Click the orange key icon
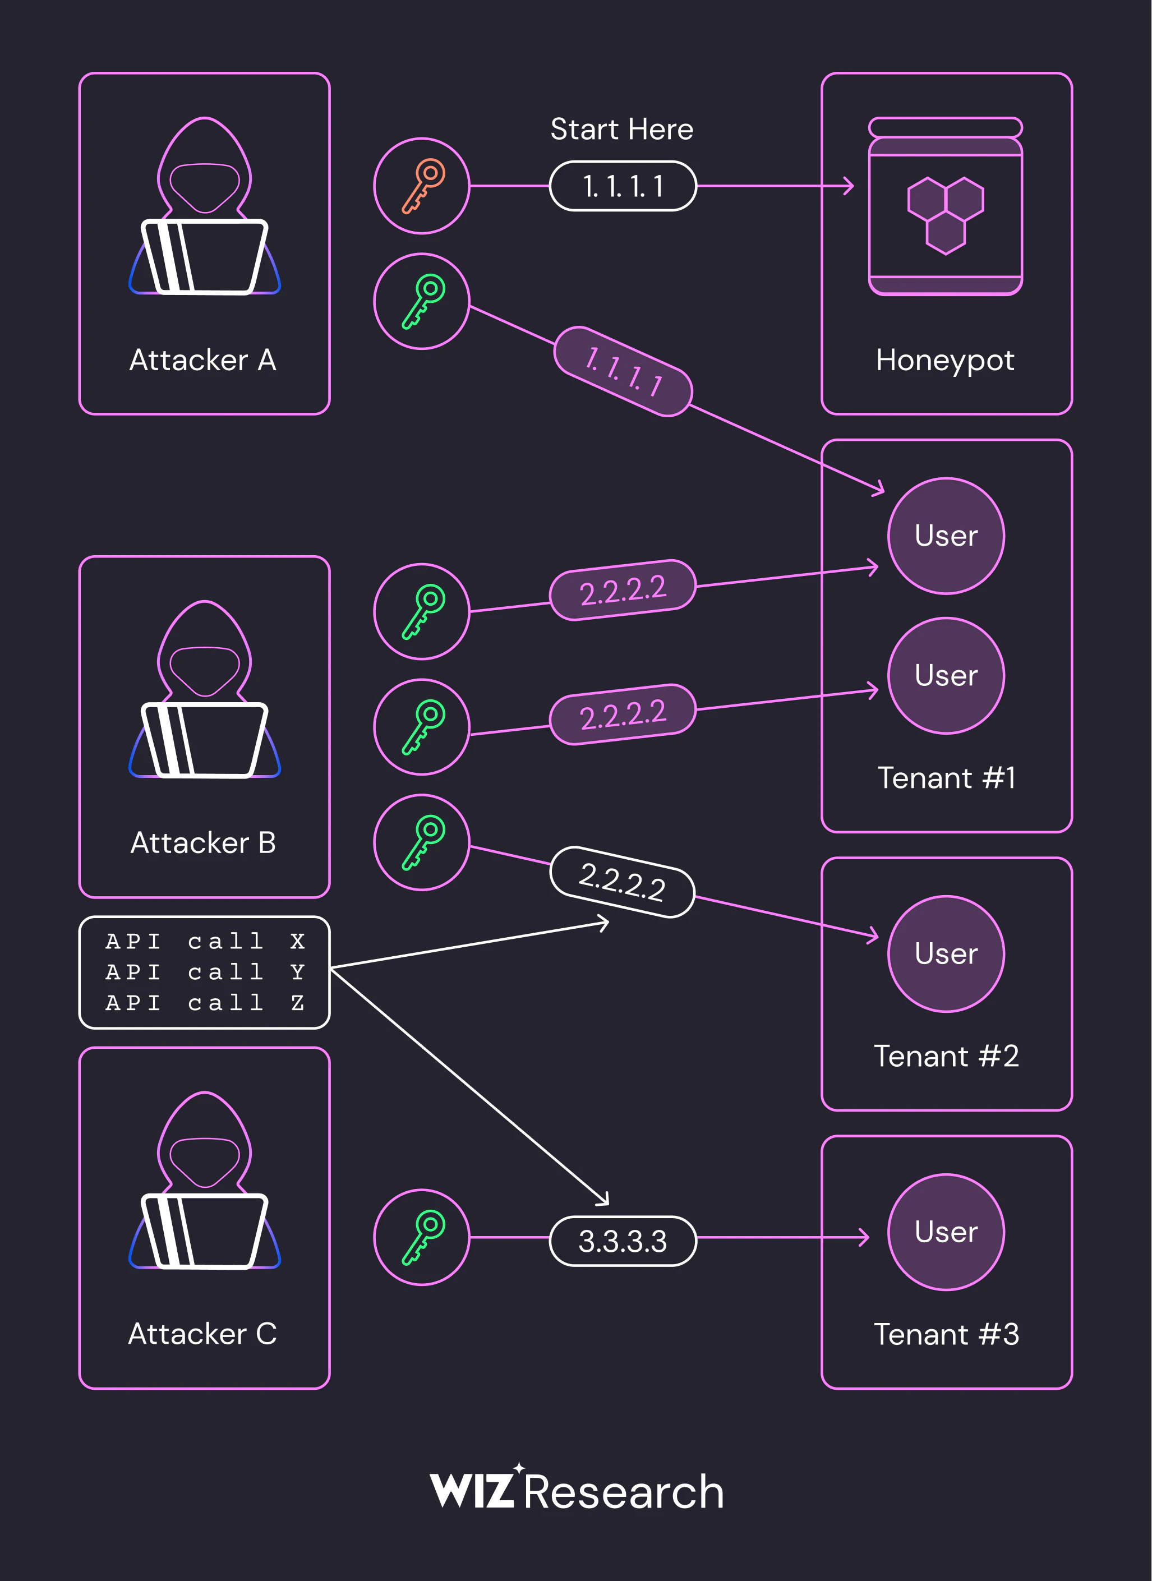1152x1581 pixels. coord(422,186)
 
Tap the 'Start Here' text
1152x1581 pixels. coord(622,129)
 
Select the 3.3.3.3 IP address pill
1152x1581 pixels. coord(623,1241)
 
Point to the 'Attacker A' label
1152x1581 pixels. coord(203,360)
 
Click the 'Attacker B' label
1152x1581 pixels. coord(203,842)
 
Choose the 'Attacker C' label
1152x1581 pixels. coord(203,1334)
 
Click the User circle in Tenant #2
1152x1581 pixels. coord(946,953)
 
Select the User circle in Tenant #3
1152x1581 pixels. coord(946,1232)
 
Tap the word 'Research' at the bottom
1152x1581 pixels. coord(624,1492)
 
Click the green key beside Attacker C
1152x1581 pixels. coord(422,1237)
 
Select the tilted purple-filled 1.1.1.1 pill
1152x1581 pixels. coord(623,372)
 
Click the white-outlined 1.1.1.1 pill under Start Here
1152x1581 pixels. coord(623,186)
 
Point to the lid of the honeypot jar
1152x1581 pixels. coord(946,128)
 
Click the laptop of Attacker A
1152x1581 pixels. coord(204,257)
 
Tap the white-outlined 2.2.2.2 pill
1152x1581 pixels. coord(623,882)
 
